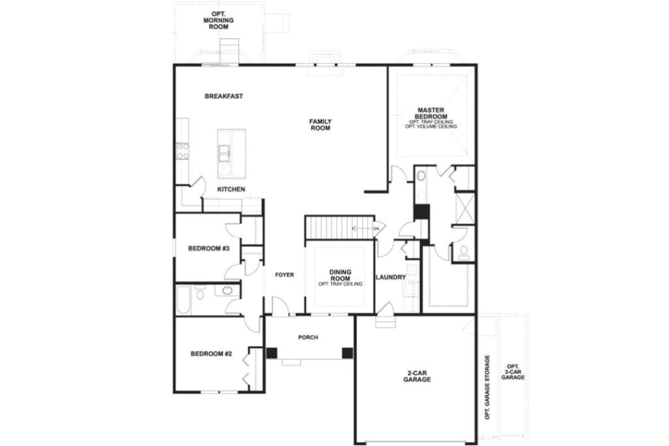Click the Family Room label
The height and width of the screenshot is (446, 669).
click(x=320, y=125)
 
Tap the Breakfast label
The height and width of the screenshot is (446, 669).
click(x=223, y=96)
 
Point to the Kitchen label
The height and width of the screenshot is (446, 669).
click(x=231, y=189)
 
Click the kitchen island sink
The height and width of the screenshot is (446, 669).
click(x=225, y=153)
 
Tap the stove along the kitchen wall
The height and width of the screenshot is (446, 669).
click(x=182, y=151)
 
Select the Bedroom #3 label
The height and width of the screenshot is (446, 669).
click(x=207, y=248)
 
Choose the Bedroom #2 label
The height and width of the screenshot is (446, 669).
click(x=211, y=354)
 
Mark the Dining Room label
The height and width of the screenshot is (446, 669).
click(x=340, y=275)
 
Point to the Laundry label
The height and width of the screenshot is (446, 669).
click(x=391, y=277)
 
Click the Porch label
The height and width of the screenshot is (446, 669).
click(x=308, y=338)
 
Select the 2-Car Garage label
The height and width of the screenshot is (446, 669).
click(x=416, y=376)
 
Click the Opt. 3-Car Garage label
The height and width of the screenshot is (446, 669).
click(x=513, y=372)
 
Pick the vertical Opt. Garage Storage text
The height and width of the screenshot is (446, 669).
click(x=487, y=387)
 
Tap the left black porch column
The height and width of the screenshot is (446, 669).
click(x=272, y=353)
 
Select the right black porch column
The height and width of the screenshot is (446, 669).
click(x=347, y=353)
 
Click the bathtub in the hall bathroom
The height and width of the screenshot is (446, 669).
click(x=184, y=299)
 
